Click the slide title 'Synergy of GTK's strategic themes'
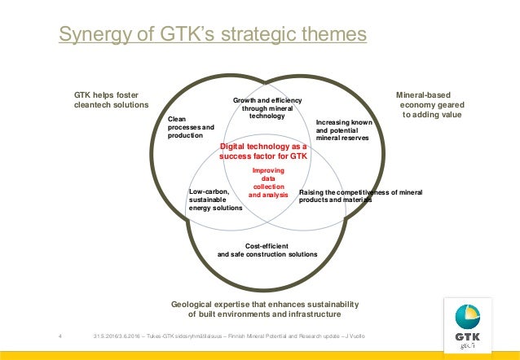pyautogui.click(x=213, y=35)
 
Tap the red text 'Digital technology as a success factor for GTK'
pyautogui.click(x=263, y=151)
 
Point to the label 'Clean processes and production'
pyautogui.click(x=191, y=127)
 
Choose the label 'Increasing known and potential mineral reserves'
pyautogui.click(x=343, y=130)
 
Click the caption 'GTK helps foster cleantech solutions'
pyautogui.click(x=112, y=99)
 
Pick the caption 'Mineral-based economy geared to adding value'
pyautogui.click(x=429, y=104)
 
